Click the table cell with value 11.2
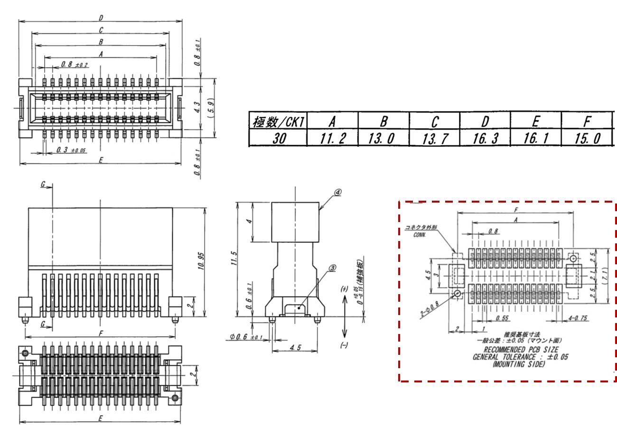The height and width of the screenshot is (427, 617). pyautogui.click(x=332, y=138)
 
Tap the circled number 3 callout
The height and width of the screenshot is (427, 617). pyautogui.click(x=332, y=267)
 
